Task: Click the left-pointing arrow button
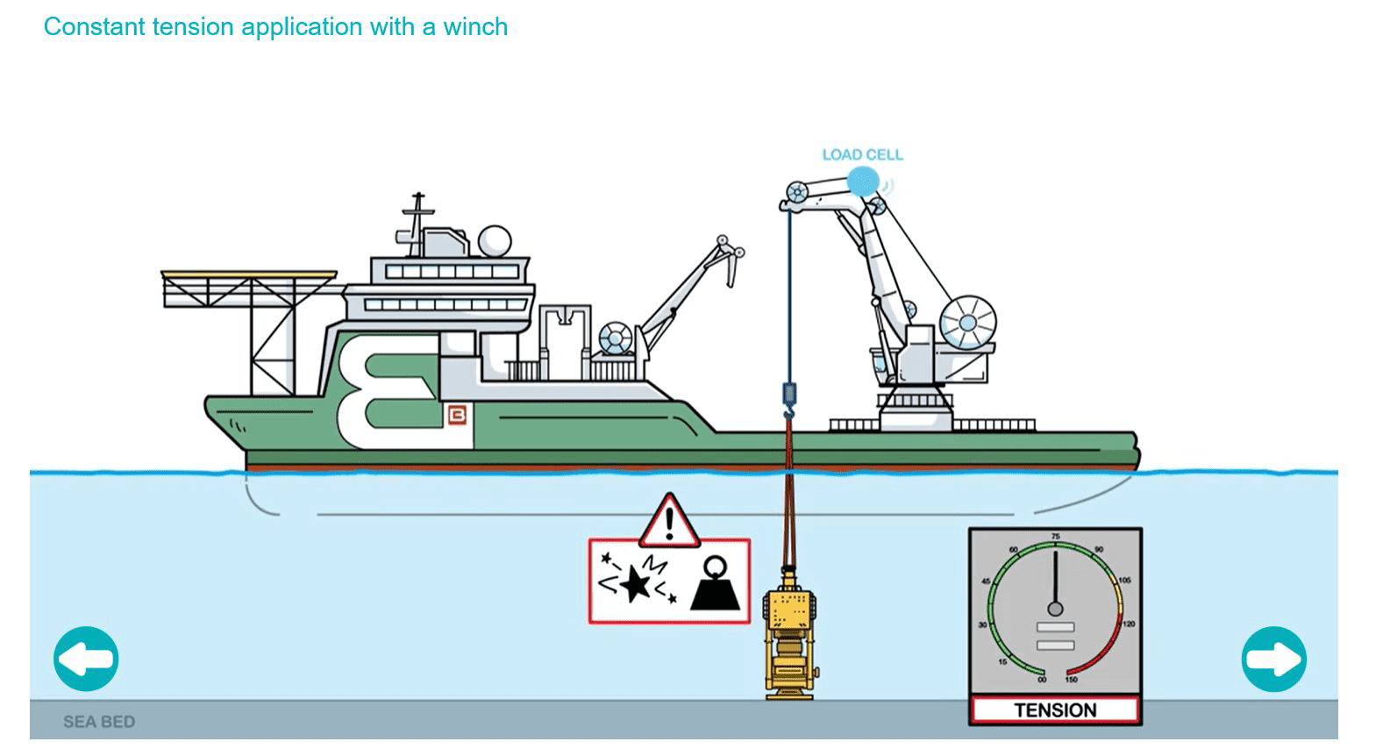coord(86,659)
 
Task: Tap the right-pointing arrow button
coord(1274,659)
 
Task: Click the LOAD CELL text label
coord(862,155)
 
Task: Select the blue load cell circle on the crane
coord(863,182)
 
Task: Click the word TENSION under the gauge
coord(1055,710)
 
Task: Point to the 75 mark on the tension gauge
coord(1055,537)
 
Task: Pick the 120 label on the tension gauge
coord(1129,624)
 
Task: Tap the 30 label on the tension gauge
coord(983,624)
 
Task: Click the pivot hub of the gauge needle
coord(1055,609)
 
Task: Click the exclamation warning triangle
coord(669,522)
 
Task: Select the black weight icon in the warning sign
coord(715,584)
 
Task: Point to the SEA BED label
coord(99,721)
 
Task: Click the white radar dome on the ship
coord(495,241)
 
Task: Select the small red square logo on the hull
coord(456,416)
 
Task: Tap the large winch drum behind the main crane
coord(967,324)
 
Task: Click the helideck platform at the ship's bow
coord(249,275)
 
